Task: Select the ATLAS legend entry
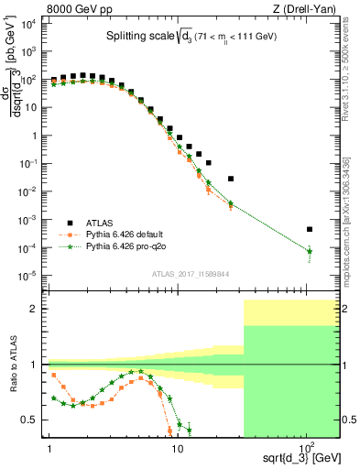[100, 222]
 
